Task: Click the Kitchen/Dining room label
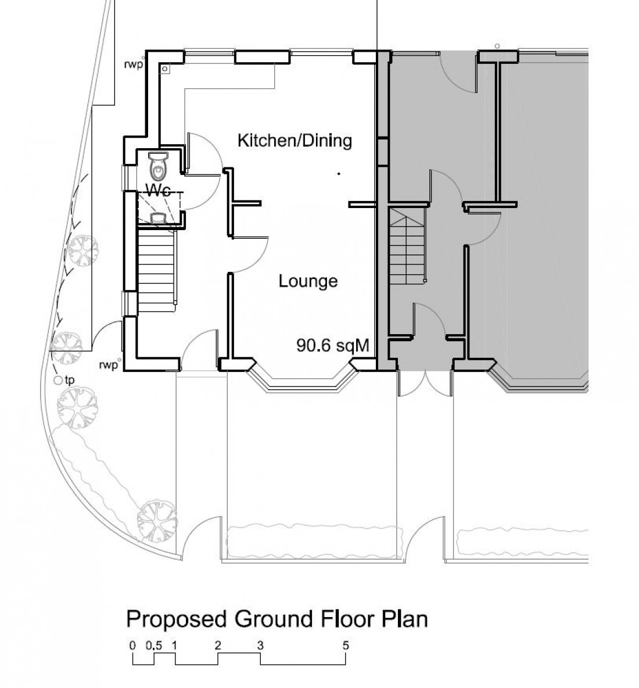tap(295, 141)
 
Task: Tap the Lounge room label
tap(308, 281)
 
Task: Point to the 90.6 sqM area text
tap(333, 345)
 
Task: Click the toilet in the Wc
tap(158, 166)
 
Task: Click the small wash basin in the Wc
tap(158, 218)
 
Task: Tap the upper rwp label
tap(134, 65)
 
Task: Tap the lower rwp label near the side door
tap(109, 365)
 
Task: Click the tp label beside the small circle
tap(69, 380)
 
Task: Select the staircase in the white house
tap(157, 270)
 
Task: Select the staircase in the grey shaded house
tap(408, 246)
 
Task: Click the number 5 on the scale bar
tap(346, 646)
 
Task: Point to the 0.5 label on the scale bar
tap(154, 646)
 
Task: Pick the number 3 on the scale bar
tap(260, 646)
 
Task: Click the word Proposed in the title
tap(177, 619)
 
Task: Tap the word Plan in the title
tap(404, 619)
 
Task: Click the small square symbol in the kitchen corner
tap(164, 69)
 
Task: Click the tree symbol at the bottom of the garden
tap(157, 521)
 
